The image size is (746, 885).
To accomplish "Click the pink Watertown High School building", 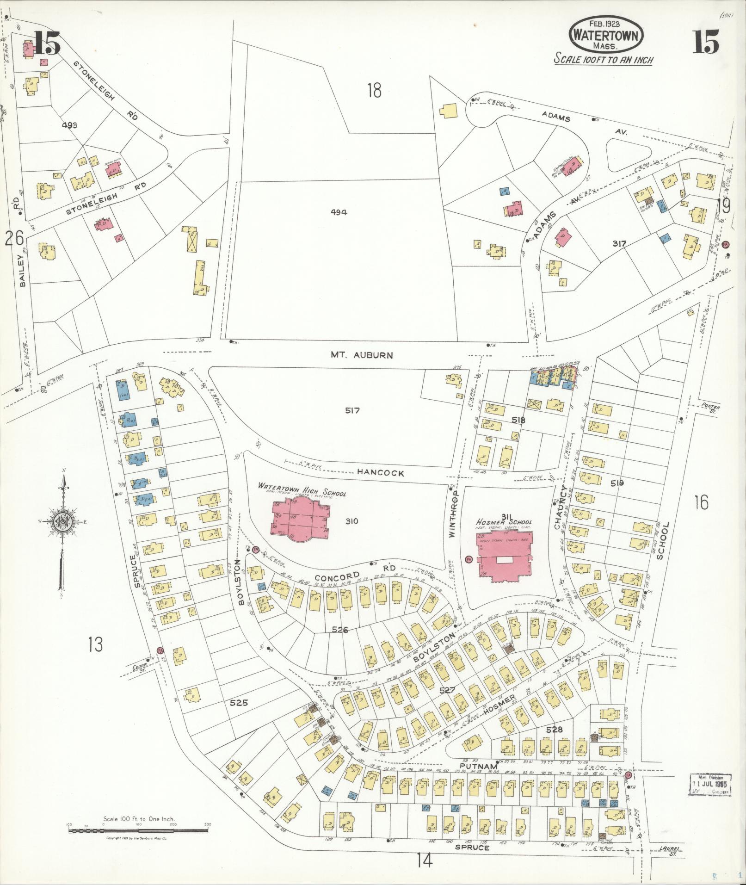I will [x=300, y=518].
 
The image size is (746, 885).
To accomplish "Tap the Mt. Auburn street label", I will [x=362, y=355].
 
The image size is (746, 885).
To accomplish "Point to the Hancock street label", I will [x=381, y=473].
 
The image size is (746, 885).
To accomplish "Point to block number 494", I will [x=339, y=212].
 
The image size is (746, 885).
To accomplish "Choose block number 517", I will [x=352, y=410].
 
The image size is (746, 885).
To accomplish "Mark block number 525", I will [x=239, y=716].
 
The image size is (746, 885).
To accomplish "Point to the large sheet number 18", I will [x=374, y=90].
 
